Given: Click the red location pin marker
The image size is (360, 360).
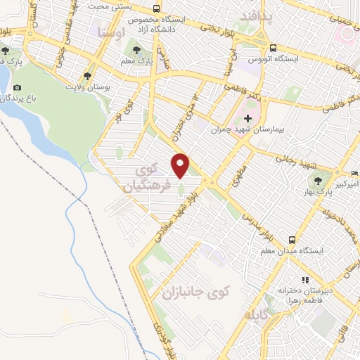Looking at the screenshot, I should tap(181, 165).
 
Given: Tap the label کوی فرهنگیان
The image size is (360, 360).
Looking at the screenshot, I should tap(148, 179).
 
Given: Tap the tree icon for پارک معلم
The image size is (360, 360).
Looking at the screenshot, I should tap(137, 51).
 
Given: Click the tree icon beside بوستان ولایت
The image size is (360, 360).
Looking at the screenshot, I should tap(87, 75).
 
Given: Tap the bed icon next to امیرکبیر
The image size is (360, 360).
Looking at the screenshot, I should tap(355, 173).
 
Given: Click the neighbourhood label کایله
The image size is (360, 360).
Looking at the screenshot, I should tap(256, 313).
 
